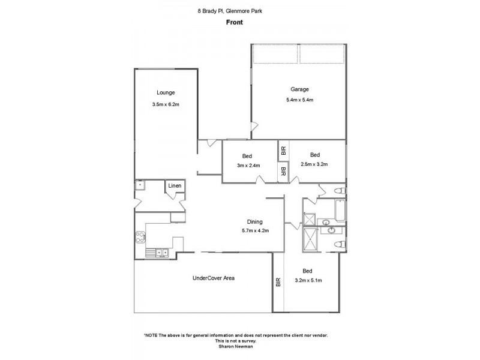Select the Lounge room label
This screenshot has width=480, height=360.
tap(166, 92)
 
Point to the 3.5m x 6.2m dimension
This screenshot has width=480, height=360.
tap(166, 105)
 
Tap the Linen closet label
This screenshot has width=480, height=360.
tap(174, 187)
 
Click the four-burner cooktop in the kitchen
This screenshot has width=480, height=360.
tap(140, 238)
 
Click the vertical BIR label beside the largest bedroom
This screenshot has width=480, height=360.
tap(278, 282)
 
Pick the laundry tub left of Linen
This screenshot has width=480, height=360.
tap(140, 185)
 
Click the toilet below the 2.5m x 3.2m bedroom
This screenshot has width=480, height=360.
tap(340, 191)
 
